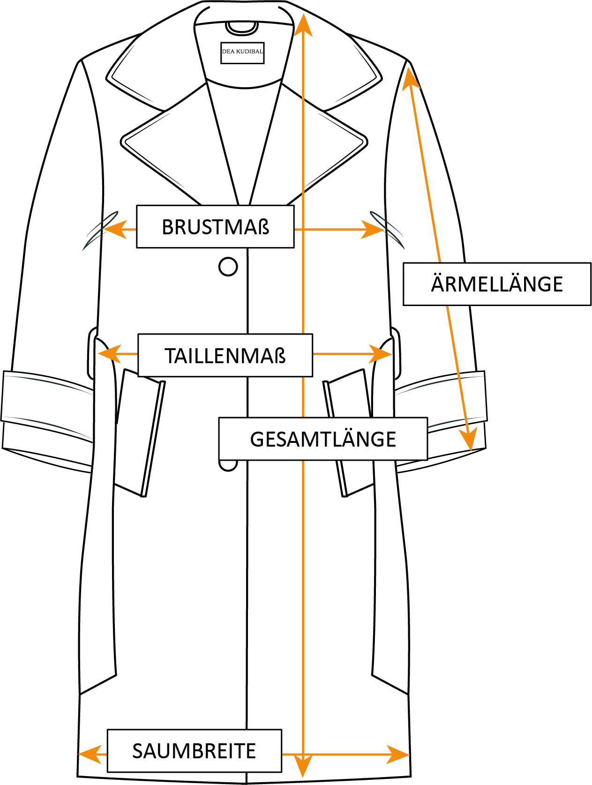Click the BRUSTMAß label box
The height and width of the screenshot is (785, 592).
tap(215, 227)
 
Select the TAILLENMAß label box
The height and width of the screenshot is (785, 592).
tap(225, 356)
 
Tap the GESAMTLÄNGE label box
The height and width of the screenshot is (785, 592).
tap(323, 439)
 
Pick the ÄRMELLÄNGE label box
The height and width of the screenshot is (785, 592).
tap(497, 284)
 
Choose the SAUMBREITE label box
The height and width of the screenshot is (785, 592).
tap(194, 751)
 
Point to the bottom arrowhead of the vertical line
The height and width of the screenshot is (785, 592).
tap(303, 769)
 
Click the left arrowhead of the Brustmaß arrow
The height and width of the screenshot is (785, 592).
tap(113, 230)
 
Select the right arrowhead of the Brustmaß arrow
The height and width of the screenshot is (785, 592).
tap(374, 230)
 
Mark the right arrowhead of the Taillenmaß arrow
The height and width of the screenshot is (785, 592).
tap(381, 354)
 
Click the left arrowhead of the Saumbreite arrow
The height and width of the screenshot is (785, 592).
tap(89, 755)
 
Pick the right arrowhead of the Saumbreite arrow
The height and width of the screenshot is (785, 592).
tap(398, 755)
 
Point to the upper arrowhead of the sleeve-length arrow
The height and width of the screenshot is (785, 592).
tap(411, 78)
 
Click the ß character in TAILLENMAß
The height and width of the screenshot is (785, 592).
tap(280, 356)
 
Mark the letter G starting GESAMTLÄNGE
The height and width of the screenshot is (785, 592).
tap(256, 440)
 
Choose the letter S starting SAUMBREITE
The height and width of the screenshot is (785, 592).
tap(137, 751)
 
